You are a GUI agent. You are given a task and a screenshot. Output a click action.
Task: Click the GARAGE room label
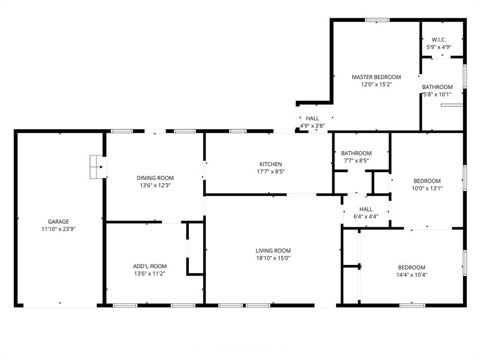pos(58,222)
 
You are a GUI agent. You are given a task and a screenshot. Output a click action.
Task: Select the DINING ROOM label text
pos(155,178)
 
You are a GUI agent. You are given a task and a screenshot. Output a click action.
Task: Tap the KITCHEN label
pos(271,164)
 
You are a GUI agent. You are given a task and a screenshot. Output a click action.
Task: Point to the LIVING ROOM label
pos(273,250)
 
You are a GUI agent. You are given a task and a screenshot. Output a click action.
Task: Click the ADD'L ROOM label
pos(150,266)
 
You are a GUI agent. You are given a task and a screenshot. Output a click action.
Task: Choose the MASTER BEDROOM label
pos(376,77)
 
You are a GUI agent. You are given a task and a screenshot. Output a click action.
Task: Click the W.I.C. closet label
pos(439,40)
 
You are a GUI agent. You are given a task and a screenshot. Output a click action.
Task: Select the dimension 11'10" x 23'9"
pos(58,229)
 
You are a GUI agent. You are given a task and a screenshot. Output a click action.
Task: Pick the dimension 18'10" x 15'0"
pos(273,258)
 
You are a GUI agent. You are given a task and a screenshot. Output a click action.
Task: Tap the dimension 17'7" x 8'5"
pos(271,172)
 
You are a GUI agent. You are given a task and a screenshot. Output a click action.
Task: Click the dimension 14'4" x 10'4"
pos(411,275)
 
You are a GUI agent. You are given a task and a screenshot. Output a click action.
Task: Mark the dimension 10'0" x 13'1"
pos(427,188)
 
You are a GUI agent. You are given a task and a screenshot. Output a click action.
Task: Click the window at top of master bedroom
pos(377,20)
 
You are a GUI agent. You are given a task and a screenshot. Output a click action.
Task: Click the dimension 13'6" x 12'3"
pos(155,185)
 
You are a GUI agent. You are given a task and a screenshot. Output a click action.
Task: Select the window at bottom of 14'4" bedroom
pos(412,305)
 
